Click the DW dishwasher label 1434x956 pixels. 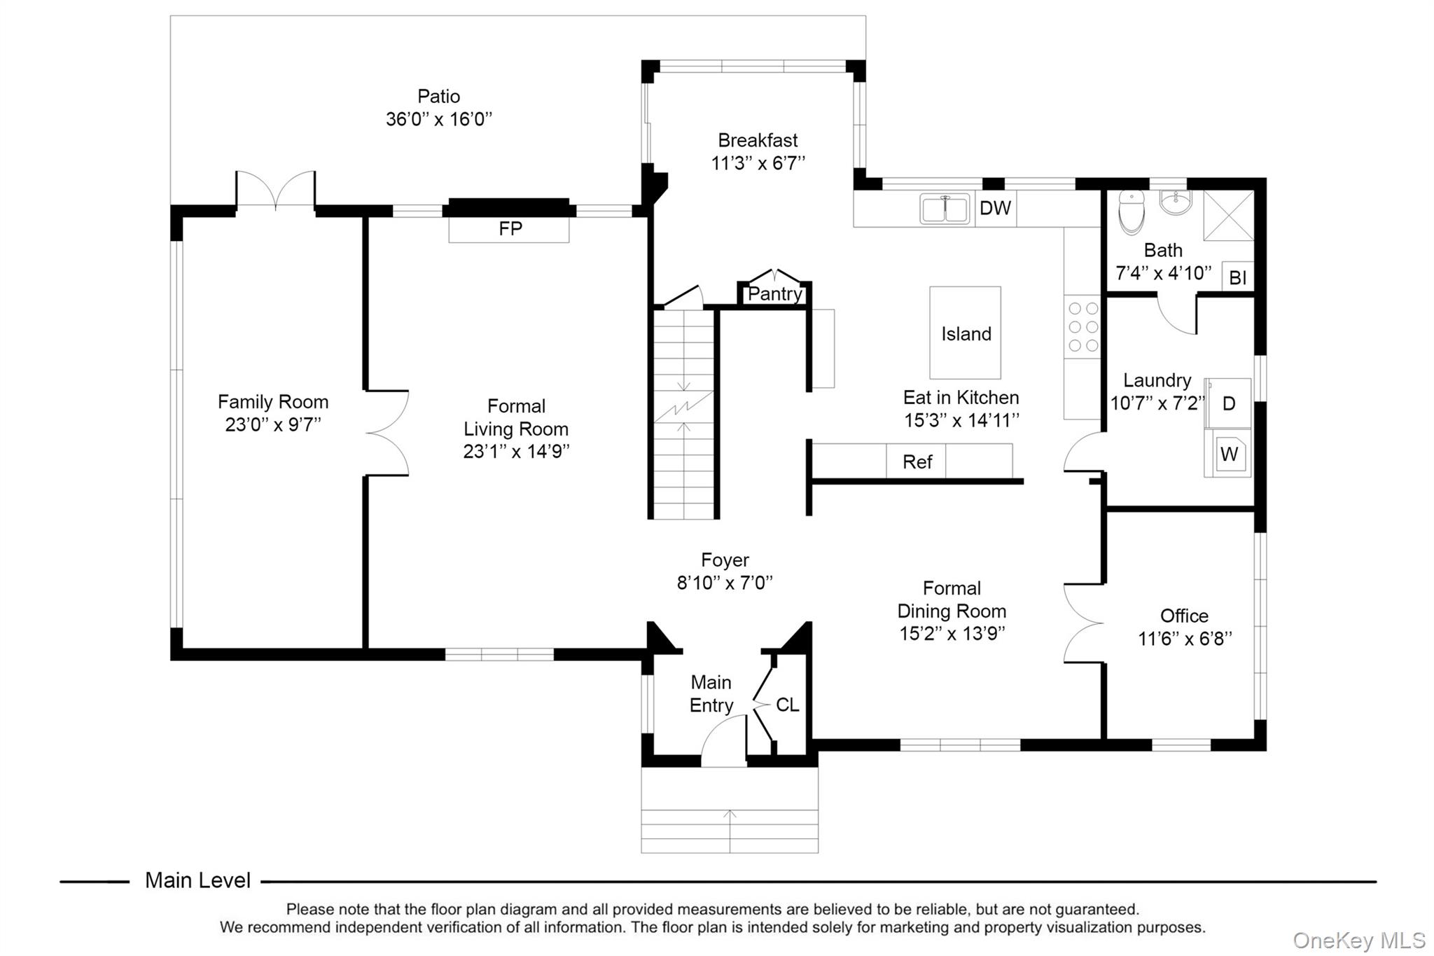pos(995,208)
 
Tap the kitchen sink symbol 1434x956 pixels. pos(945,209)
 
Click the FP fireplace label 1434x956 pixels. pos(510,228)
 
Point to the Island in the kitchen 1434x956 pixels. pos(966,333)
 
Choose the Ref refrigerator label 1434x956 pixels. pos(917,462)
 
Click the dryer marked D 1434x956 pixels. pos(1228,403)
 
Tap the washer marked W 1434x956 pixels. pos(1228,454)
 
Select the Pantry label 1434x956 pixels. pos(774,294)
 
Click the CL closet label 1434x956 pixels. pos(787,705)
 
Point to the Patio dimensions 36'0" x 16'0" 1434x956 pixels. pos(439,119)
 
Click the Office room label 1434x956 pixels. pos(1184,616)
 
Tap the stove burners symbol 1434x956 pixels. pos(1083,326)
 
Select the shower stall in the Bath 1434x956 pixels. pos(1228,216)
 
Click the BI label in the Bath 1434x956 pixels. pos(1237,277)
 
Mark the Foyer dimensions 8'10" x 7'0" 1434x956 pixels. pos(725,583)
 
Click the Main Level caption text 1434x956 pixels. pos(197,880)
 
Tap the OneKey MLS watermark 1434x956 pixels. pos(1358,941)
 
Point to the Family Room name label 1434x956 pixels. pos(273,402)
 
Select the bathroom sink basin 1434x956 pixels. pos(1176,202)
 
